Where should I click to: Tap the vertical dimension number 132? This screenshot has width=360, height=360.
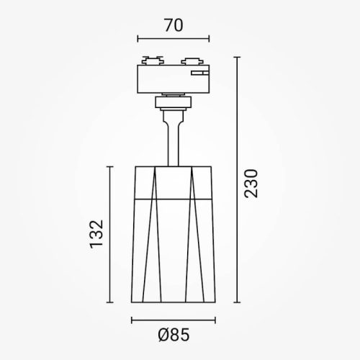coord(99,234)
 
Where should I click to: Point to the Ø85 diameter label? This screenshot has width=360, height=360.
coord(173,335)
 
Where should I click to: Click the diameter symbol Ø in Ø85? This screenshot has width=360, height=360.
coord(162,335)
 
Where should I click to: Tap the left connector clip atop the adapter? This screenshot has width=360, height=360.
coord(151,60)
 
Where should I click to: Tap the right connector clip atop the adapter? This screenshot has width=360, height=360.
coord(193,60)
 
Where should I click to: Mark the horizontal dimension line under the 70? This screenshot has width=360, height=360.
coord(173,40)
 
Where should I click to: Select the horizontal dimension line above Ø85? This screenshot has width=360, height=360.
coord(173,318)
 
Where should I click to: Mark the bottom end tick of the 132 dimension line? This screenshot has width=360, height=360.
coord(110,303)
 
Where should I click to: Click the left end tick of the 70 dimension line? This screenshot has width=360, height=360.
coord(137,40)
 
